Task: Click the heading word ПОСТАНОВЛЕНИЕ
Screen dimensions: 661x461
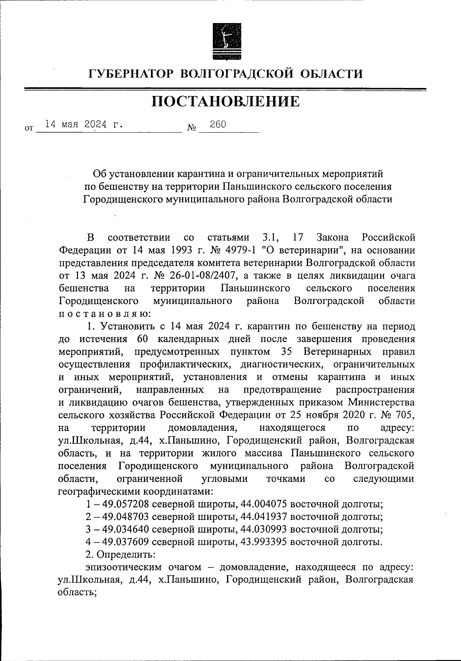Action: (226, 101)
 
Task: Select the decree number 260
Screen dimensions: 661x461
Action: (218, 124)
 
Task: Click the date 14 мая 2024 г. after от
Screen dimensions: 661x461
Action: (85, 124)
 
